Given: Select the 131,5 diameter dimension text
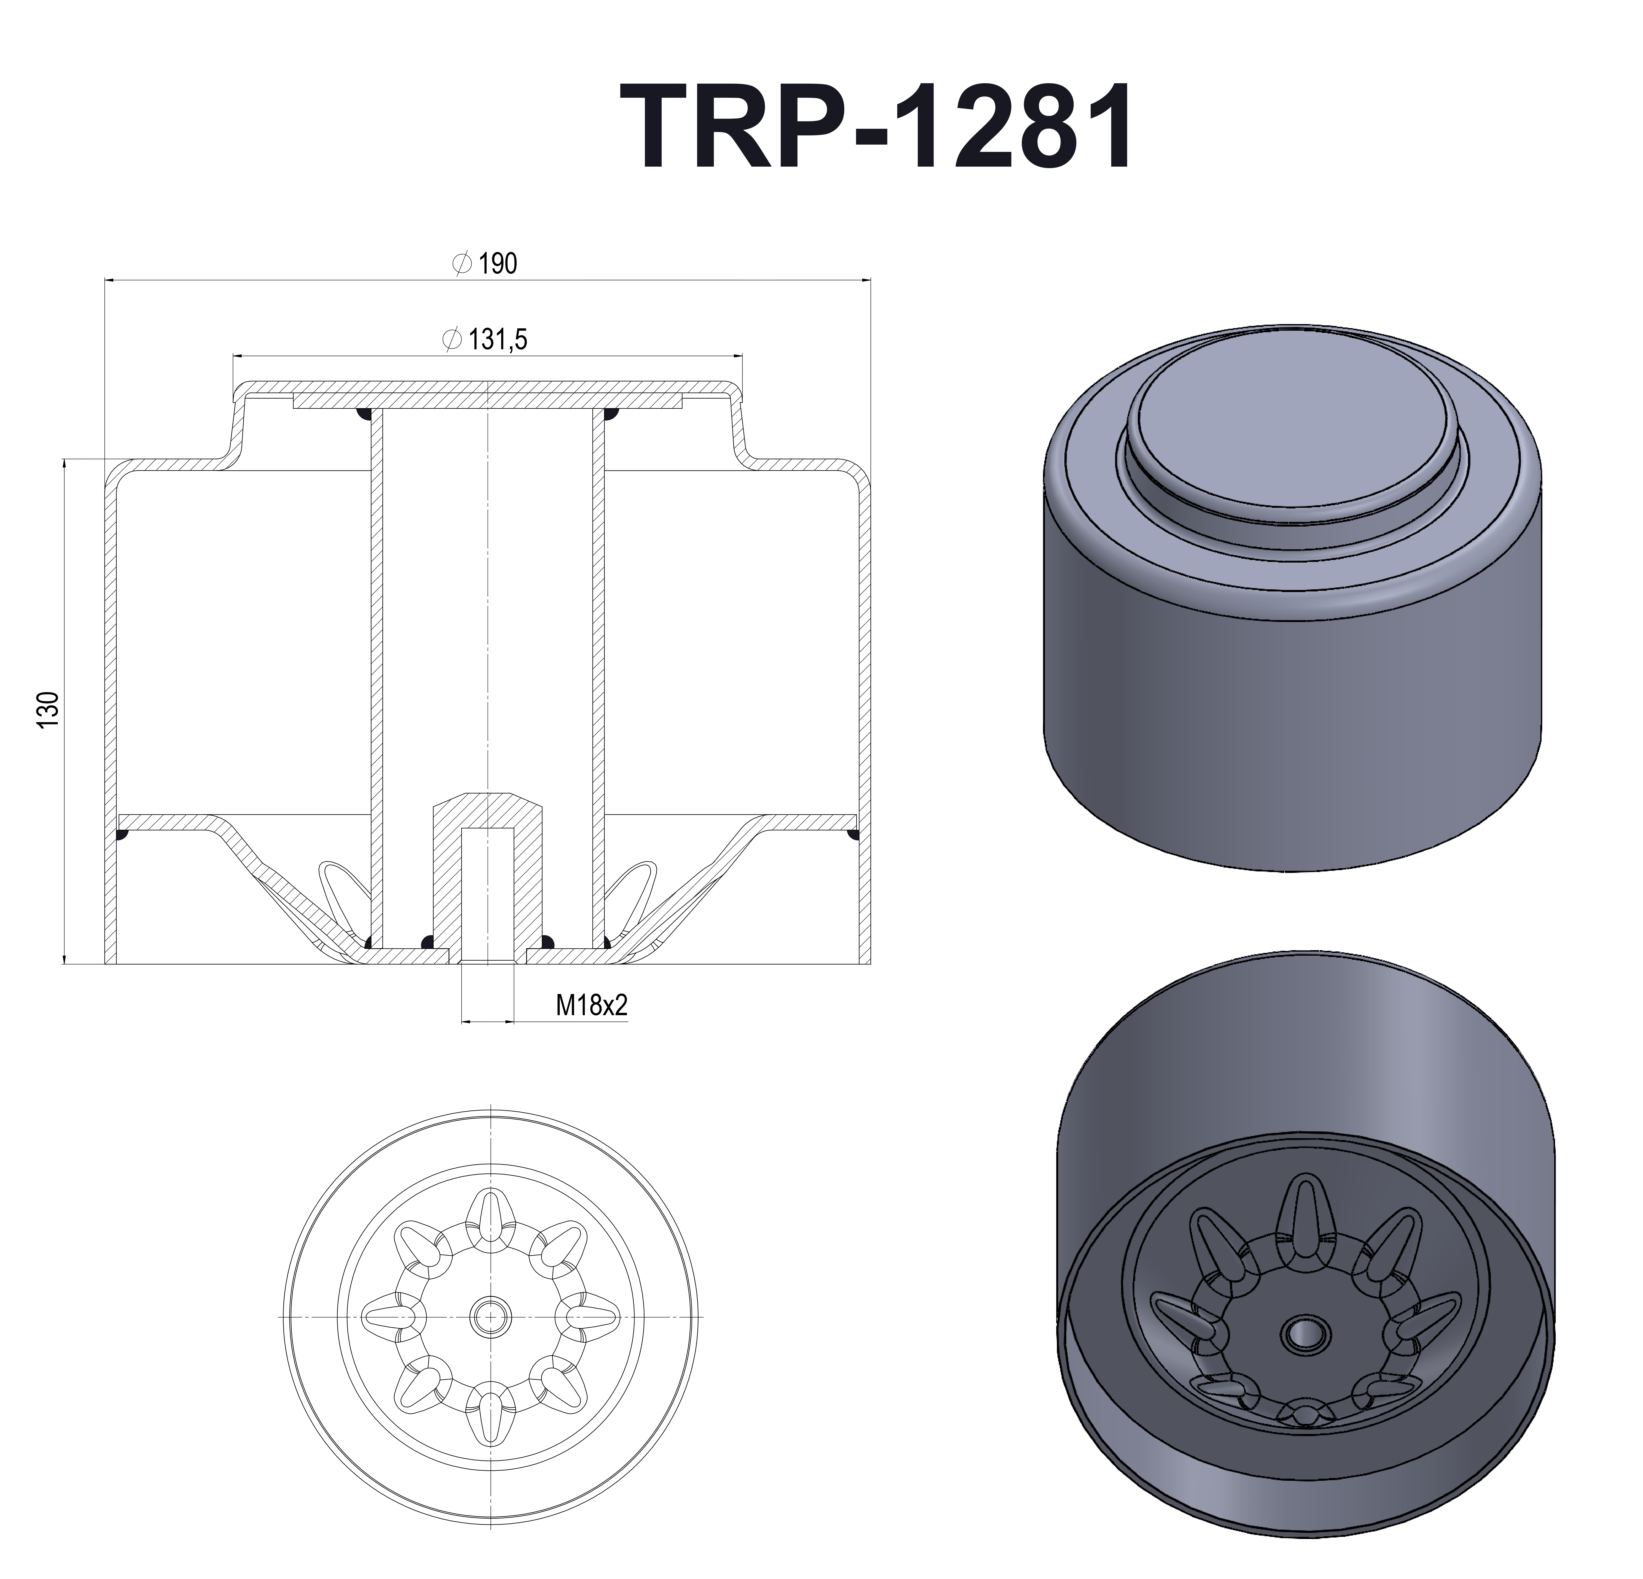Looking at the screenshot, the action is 497,339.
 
